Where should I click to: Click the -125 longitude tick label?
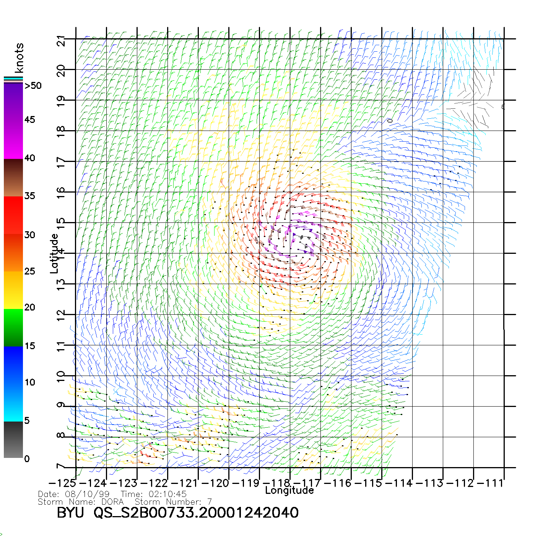[62, 483]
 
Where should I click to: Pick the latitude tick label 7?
[61, 467]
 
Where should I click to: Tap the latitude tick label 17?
[61, 162]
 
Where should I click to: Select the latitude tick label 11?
[61, 346]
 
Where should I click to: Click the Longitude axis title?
[289, 490]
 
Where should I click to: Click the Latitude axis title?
[54, 253]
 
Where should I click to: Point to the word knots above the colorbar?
[19, 58]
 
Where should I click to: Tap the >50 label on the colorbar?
[33, 86]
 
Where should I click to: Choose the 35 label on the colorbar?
[29, 196]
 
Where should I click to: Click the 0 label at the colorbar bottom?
[27, 459]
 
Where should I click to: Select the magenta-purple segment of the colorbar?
[13, 121]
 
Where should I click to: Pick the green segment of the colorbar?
[13, 327]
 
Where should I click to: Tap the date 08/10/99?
[87, 494]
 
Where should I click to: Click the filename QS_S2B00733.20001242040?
[196, 513]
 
